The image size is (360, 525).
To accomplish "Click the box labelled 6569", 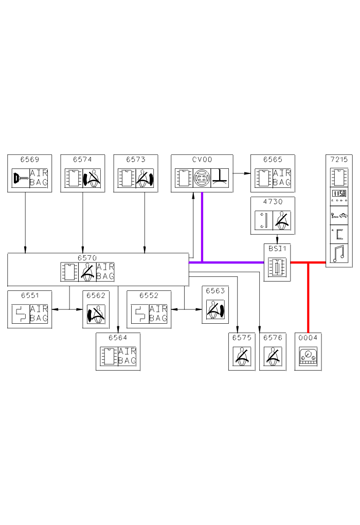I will (x=30, y=173).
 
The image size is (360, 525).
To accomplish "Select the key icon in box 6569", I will (x=20, y=179).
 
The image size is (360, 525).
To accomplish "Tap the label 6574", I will (x=82, y=160).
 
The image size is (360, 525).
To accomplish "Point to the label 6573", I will (x=135, y=160).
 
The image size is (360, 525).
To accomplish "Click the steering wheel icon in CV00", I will (x=202, y=179).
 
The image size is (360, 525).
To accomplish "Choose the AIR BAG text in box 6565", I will (x=281, y=178).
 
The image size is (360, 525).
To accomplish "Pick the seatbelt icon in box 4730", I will (x=281, y=220).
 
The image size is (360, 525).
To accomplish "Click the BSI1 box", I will (x=278, y=262).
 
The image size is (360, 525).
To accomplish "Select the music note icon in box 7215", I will (x=339, y=254).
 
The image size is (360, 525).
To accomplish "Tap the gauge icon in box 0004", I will (x=308, y=357).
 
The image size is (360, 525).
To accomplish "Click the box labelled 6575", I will (x=242, y=352).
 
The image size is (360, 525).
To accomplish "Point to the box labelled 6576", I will (x=273, y=352).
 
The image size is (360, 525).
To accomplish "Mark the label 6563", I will (x=215, y=291).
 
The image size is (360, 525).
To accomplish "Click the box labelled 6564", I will (x=118, y=352).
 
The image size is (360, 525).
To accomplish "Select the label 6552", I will (x=148, y=295).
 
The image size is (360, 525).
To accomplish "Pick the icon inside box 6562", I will (x=96, y=314).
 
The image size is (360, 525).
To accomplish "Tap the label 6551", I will (x=30, y=295).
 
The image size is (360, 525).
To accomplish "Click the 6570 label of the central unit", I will (x=87, y=257).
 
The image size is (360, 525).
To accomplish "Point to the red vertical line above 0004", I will (x=308, y=299).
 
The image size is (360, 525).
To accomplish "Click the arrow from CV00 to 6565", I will (x=241, y=173).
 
